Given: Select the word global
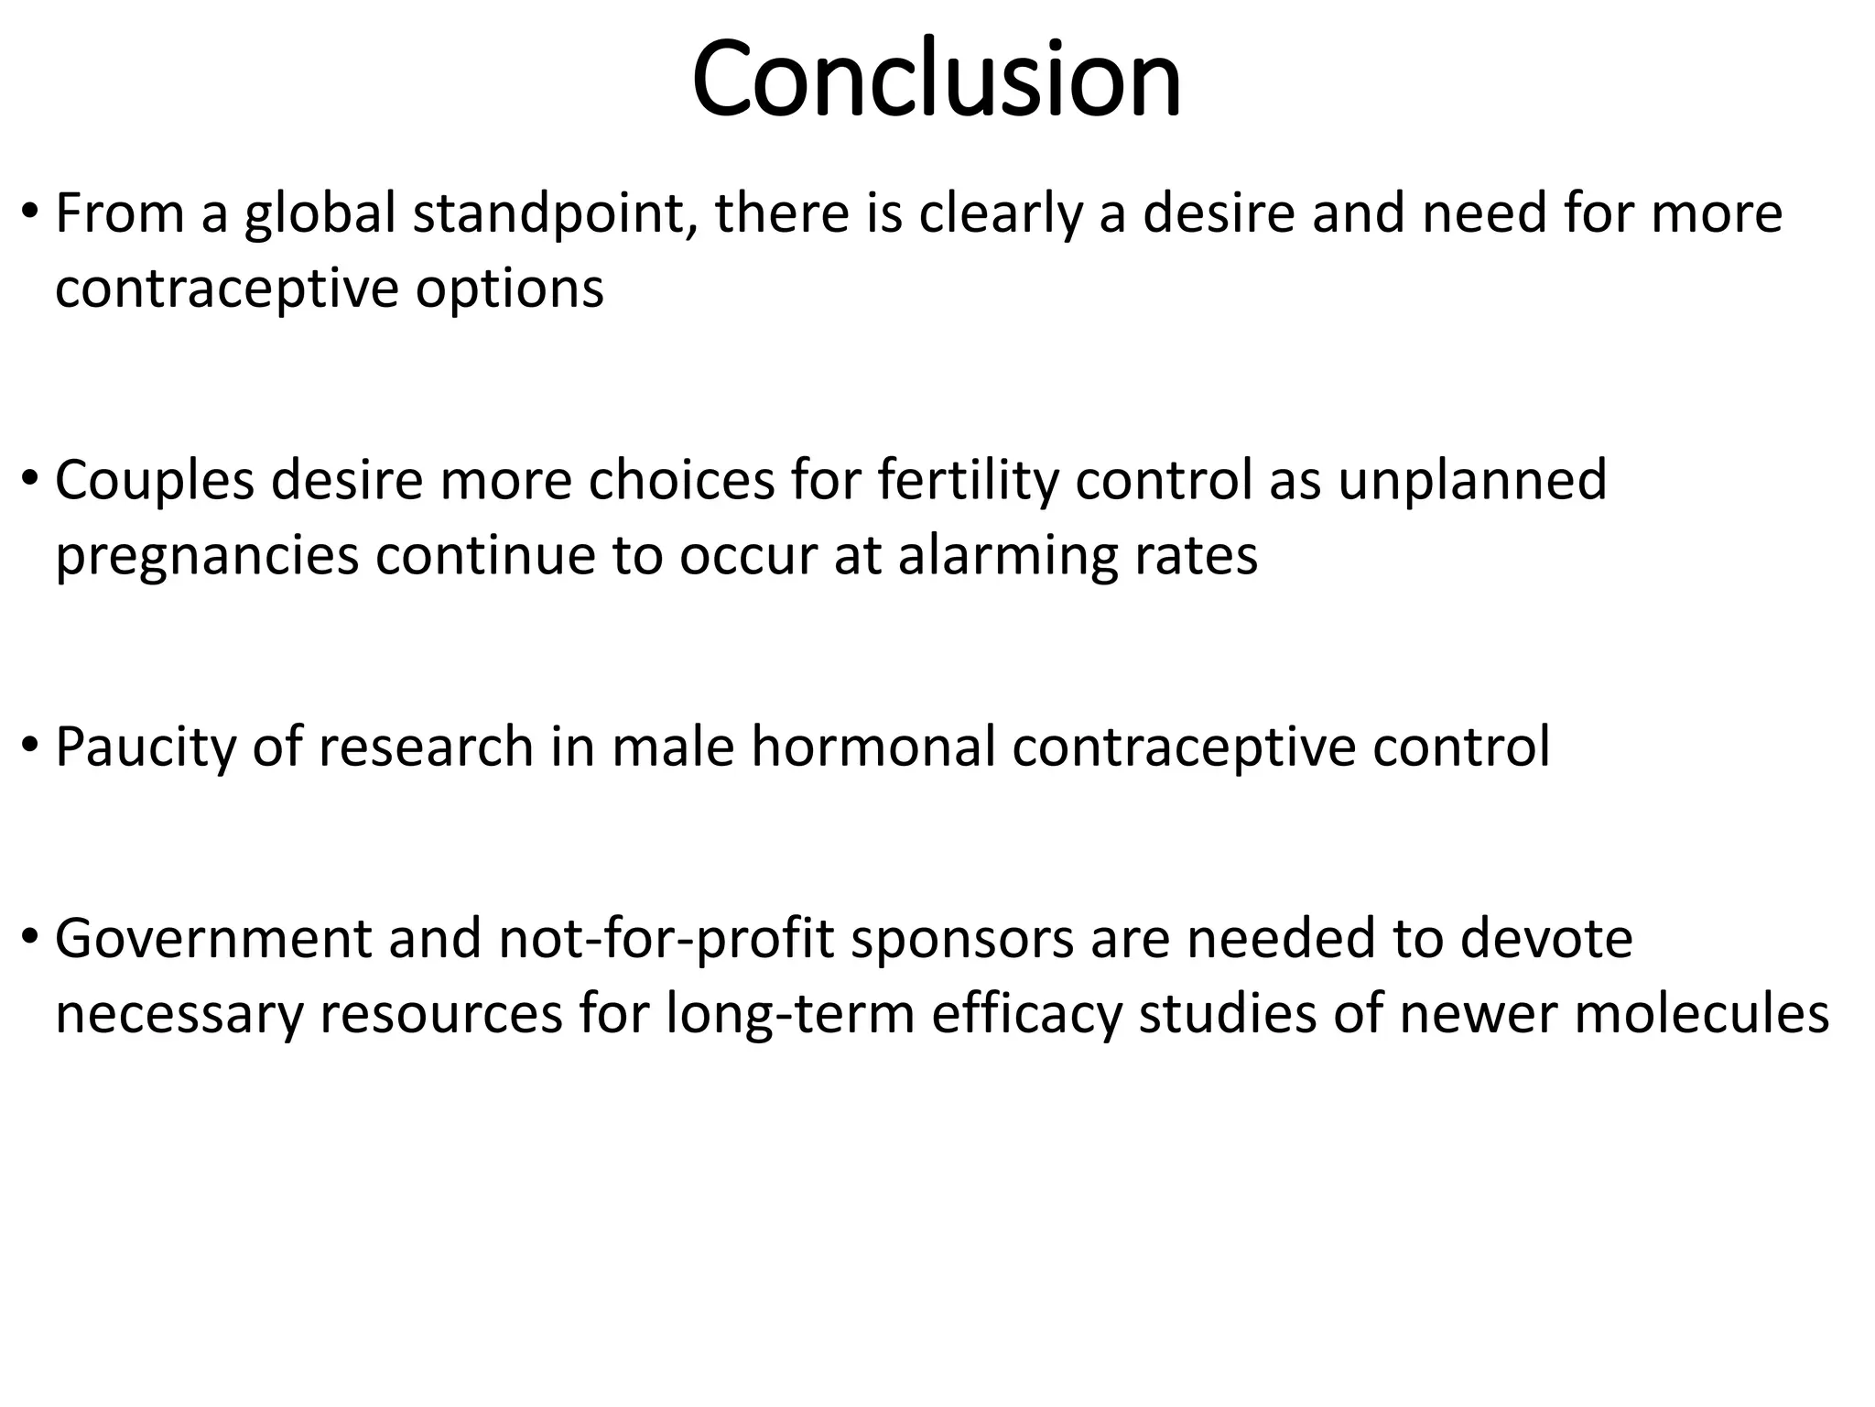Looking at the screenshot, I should [x=320, y=214].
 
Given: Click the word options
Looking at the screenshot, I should [x=509, y=289].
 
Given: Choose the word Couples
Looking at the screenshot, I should [x=155, y=481].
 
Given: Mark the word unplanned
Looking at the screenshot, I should [x=1472, y=481].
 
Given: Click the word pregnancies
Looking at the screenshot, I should [x=207, y=557].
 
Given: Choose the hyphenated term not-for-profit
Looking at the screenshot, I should [x=667, y=939].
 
